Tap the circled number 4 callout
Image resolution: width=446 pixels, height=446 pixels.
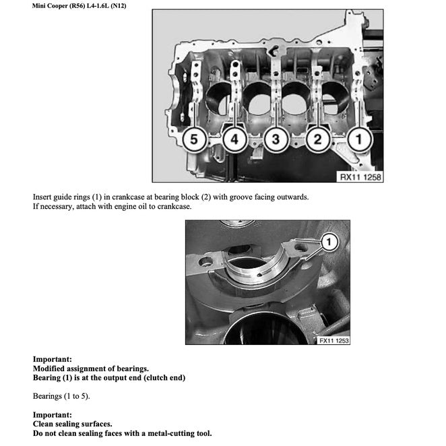pos(234,139)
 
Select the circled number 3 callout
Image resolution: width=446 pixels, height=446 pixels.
pos(275,139)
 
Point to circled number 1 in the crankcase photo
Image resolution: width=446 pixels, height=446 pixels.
pos(358,139)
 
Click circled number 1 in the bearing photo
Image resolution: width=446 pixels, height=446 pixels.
pos(328,240)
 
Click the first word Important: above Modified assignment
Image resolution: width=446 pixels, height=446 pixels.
pos(52,359)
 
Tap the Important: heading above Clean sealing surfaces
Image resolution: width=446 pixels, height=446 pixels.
pos(52,414)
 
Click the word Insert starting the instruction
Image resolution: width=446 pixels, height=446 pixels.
pos(43,197)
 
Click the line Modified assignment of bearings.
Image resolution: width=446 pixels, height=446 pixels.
pos(90,369)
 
